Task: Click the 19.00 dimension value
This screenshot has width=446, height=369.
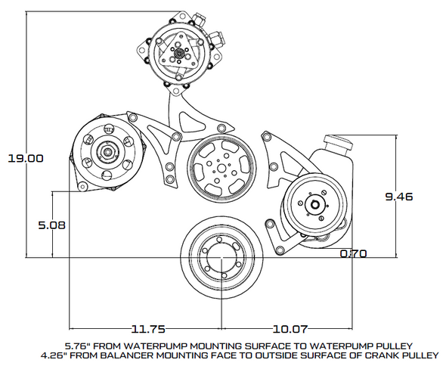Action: pyautogui.click(x=26, y=158)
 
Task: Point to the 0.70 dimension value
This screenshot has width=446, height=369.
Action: pyautogui.click(x=354, y=253)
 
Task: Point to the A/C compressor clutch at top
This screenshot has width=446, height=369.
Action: pyautogui.click(x=176, y=54)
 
